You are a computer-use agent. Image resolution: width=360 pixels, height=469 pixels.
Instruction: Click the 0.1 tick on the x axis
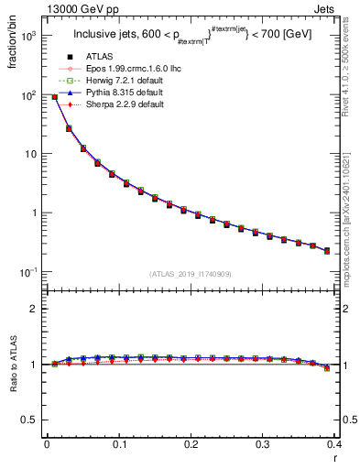[x=118, y=445]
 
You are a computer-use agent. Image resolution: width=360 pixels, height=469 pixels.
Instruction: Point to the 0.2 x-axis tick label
[x=190, y=445]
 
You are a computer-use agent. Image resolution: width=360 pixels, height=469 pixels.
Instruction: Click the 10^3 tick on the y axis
[x=28, y=36]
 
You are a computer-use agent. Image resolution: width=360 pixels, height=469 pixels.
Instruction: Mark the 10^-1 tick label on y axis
[x=27, y=272]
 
